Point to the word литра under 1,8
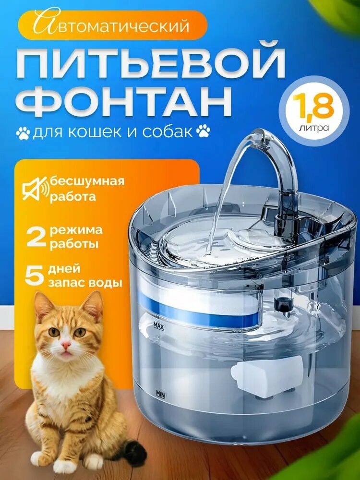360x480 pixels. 314,128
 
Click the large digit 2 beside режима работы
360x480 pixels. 36,237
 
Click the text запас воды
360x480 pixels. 84,283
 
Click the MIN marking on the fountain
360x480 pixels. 160,393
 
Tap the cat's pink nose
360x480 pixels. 66,345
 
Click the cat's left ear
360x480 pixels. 43,303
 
